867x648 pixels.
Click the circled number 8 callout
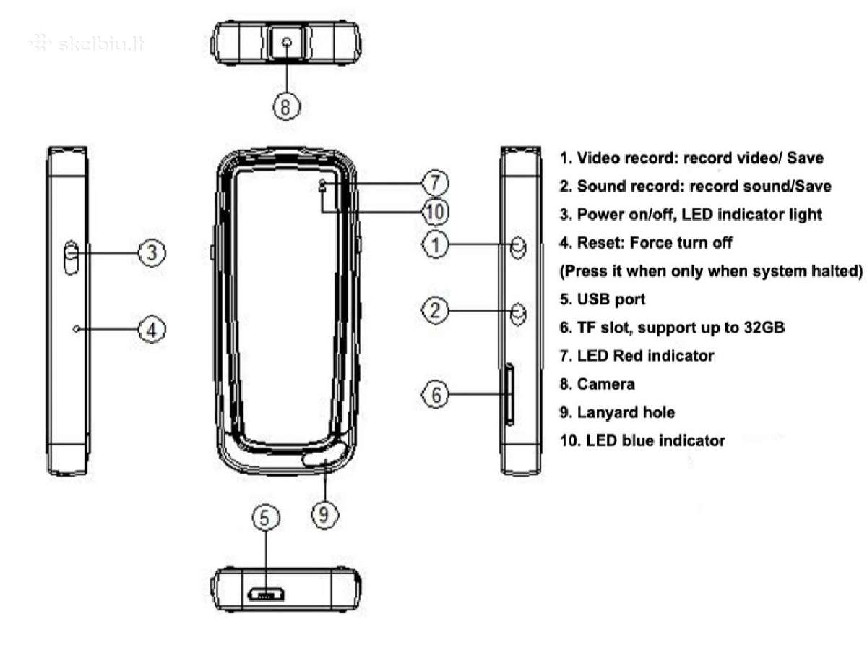(x=286, y=106)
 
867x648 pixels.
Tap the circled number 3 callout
(x=152, y=252)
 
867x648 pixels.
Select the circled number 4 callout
(x=152, y=328)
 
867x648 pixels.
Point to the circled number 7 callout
(x=434, y=183)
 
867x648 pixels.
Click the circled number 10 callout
(x=435, y=211)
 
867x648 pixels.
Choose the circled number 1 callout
(x=435, y=244)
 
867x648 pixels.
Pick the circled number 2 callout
(x=435, y=310)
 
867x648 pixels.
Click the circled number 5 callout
(x=265, y=517)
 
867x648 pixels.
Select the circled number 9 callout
(x=324, y=514)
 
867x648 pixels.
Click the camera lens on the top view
(x=287, y=41)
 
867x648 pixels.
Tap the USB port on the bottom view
(x=265, y=594)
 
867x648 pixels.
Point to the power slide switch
(x=71, y=257)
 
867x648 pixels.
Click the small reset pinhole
(x=77, y=328)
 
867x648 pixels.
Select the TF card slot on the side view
(x=509, y=394)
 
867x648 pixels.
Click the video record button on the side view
(x=518, y=247)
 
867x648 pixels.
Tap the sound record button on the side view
(x=518, y=314)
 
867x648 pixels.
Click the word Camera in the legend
(x=605, y=384)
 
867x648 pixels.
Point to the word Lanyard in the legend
(x=607, y=413)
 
